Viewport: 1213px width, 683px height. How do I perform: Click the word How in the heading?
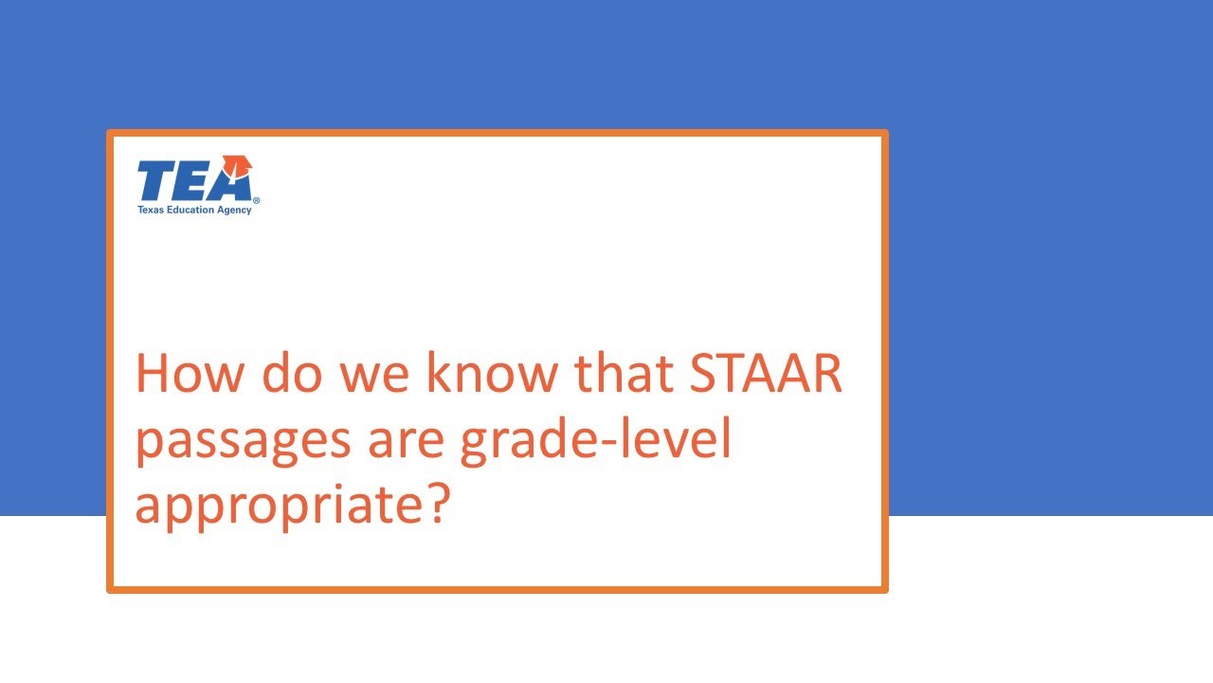click(x=190, y=374)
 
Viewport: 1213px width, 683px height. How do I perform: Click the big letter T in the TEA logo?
click(x=156, y=181)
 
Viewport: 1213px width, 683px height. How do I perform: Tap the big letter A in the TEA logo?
click(x=231, y=182)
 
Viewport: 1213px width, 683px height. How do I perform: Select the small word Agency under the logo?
click(x=233, y=211)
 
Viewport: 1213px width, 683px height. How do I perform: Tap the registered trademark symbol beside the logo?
click(x=256, y=201)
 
